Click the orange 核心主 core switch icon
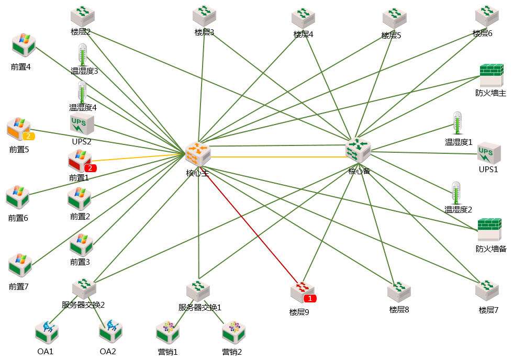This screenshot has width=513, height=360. pos(198,153)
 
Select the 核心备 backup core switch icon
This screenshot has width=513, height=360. pos(359,151)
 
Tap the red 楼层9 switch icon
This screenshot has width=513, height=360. pos(302,292)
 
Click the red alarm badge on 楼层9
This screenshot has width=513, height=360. pos(310,298)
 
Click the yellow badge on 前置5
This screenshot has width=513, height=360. pos(29,136)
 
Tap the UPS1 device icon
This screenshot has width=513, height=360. pos(489,153)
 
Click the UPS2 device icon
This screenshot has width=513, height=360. pos(82,125)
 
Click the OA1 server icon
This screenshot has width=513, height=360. pos(47,331)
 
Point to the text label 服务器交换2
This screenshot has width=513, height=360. pos(84,305)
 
